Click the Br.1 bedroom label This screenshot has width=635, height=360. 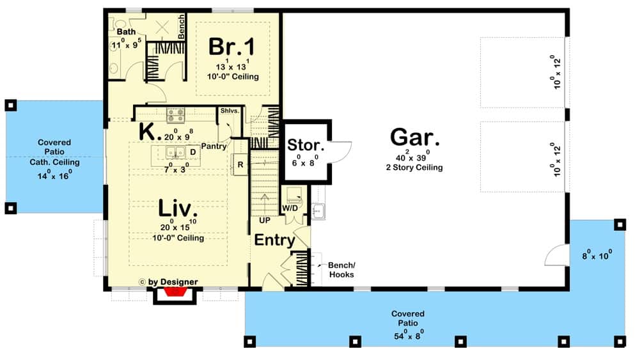[231, 47]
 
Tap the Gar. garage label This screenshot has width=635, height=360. [414, 137]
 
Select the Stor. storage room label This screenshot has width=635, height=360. [306, 145]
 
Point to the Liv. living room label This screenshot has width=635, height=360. [178, 208]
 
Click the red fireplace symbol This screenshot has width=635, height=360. [175, 292]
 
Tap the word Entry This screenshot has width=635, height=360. [274, 240]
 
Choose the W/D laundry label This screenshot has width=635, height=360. [290, 208]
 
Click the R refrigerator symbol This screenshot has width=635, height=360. [240, 164]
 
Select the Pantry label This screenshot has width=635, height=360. [214, 146]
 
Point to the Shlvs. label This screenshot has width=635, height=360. [230, 111]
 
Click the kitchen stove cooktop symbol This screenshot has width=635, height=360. [176, 115]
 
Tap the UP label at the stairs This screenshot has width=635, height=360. [265, 221]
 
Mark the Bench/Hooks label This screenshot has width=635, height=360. [341, 270]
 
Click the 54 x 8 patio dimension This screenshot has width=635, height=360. [409, 335]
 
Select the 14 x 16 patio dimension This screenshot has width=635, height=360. [54, 175]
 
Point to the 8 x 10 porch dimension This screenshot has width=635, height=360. [597, 255]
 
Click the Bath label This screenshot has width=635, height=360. [127, 31]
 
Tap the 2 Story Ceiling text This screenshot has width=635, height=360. [414, 168]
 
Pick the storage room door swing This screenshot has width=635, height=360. [341, 152]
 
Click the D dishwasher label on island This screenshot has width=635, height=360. [193, 152]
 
